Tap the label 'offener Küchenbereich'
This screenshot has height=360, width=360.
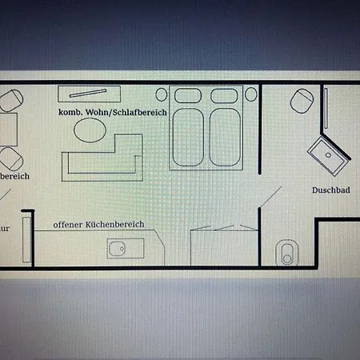(98, 225)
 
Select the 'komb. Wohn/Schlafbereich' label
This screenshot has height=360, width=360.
(112, 114)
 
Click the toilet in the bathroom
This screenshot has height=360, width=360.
(286, 252)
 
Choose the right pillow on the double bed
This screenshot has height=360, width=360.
(223, 95)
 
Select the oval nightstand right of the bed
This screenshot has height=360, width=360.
(250, 94)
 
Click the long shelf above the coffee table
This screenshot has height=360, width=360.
(89, 94)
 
